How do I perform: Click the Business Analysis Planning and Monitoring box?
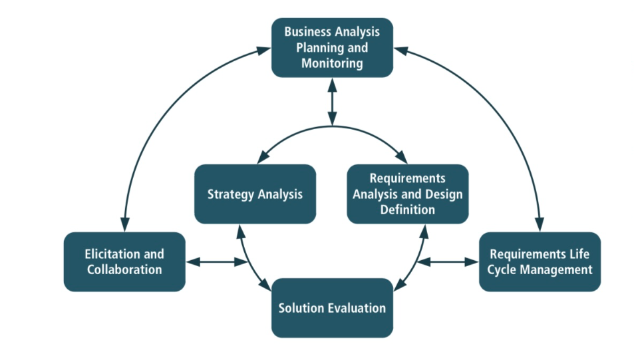pyautogui.click(x=332, y=47)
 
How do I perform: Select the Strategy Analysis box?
pyautogui.click(x=255, y=194)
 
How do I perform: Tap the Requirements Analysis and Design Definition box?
pyautogui.click(x=407, y=194)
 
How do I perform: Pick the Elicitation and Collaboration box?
pyautogui.click(x=124, y=262)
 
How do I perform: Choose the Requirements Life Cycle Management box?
pyautogui.click(x=540, y=262)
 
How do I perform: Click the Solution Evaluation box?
pyautogui.click(x=332, y=307)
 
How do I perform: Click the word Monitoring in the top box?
pyautogui.click(x=332, y=64)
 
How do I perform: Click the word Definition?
pyautogui.click(x=407, y=210)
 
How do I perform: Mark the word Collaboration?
pyautogui.click(x=124, y=270)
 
